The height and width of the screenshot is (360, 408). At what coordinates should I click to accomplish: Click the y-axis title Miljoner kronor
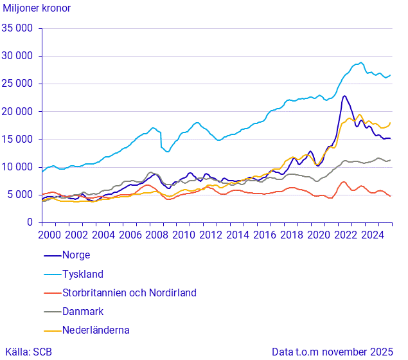tap(37, 8)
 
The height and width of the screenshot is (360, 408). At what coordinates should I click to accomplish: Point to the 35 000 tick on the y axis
tap(18, 28)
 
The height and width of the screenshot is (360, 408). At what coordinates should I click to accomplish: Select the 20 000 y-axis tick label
tap(18, 112)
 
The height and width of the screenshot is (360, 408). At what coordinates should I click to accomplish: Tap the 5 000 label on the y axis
tap(21, 195)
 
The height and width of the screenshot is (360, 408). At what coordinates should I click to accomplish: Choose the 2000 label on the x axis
tap(49, 235)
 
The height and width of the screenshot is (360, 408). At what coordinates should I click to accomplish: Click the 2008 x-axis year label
tap(157, 235)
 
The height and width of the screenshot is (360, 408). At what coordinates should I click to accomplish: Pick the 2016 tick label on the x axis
tap(265, 235)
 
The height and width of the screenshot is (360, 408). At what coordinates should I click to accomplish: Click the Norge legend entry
tap(76, 255)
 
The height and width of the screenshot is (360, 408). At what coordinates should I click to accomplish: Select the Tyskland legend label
tap(82, 274)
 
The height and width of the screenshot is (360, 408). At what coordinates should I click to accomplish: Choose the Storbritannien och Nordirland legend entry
tap(129, 292)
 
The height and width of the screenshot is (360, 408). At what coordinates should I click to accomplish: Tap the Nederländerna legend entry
tap(95, 330)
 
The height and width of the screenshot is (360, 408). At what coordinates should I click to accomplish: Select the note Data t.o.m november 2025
tap(332, 352)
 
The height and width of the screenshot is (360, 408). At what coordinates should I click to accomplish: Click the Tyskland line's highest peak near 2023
tap(361, 63)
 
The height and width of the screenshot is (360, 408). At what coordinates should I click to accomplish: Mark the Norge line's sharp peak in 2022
tap(344, 96)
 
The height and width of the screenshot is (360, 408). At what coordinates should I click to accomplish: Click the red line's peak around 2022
tap(344, 182)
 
